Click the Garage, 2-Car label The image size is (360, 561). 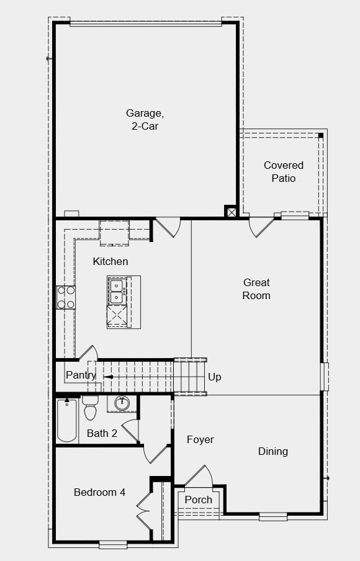(x=145, y=119)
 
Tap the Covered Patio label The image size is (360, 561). (x=284, y=172)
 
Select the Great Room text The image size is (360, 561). (x=256, y=289)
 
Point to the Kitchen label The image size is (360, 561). (x=110, y=261)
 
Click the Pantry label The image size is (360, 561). (x=81, y=375)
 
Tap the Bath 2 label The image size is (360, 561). (x=102, y=433)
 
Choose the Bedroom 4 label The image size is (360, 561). (x=99, y=492)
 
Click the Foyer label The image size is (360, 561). (x=200, y=439)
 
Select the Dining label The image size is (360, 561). (x=273, y=451)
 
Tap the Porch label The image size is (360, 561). (x=199, y=499)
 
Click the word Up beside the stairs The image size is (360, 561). (x=215, y=377)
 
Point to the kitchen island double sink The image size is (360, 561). (x=117, y=291)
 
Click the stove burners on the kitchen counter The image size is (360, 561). (x=66, y=297)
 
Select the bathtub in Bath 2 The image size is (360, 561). (x=66, y=420)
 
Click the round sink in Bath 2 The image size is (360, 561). (x=121, y=404)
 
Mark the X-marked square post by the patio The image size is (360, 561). (x=231, y=212)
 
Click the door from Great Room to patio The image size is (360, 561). (x=261, y=227)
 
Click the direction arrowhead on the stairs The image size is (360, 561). (x=107, y=377)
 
